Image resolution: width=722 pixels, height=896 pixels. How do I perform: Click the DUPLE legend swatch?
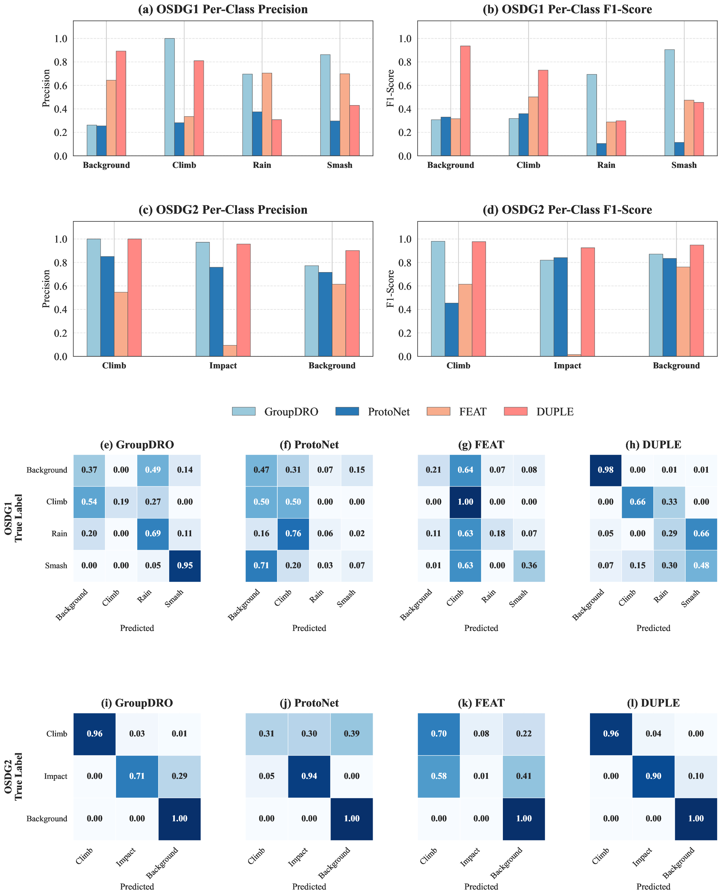515,411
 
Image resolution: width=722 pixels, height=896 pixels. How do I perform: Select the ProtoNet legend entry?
388,412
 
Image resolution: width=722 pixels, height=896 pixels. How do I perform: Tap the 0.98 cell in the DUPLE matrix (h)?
606,470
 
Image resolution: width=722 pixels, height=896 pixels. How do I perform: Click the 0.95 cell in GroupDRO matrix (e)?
185,565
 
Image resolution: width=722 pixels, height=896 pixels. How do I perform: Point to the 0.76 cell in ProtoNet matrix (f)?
293,533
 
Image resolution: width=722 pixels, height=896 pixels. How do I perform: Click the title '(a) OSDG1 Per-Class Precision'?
223,10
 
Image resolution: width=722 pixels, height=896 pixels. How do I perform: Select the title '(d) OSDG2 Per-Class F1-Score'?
567,210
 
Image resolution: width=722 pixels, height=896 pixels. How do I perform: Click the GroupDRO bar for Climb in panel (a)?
170,97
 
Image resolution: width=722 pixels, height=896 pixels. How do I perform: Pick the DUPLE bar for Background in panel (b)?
465,101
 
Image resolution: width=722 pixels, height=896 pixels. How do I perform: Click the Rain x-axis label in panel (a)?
262,165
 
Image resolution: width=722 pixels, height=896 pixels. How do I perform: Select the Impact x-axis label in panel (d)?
567,366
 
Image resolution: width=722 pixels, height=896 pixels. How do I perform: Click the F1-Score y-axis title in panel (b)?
390,89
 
